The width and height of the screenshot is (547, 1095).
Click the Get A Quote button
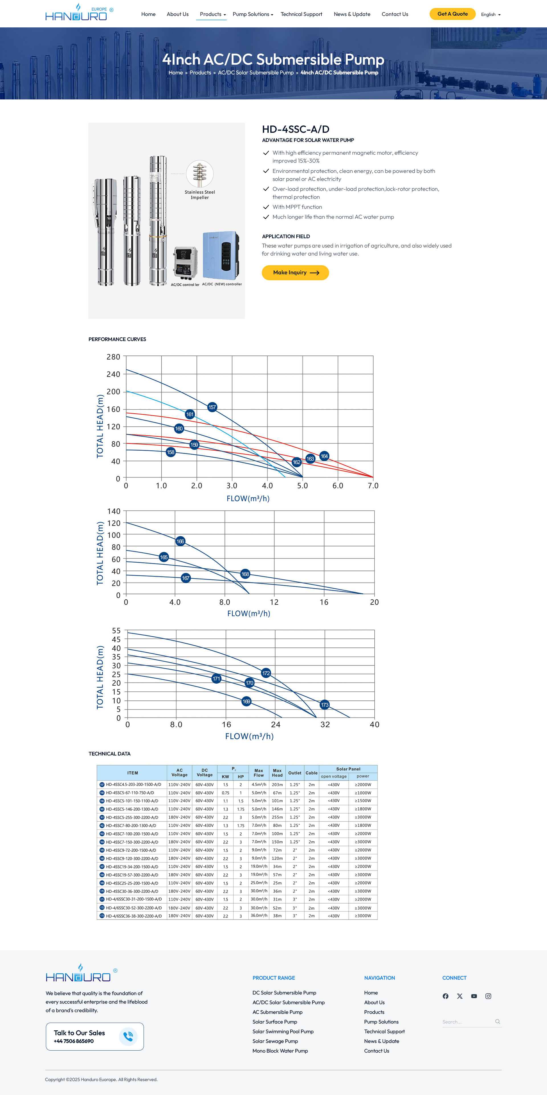click(x=452, y=14)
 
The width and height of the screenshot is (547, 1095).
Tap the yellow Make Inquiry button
click(x=295, y=273)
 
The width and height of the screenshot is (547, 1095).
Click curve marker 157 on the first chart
click(x=212, y=407)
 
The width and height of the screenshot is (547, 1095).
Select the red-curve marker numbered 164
click(x=324, y=456)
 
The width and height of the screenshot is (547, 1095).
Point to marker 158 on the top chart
click(x=170, y=452)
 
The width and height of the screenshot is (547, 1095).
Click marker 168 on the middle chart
click(x=245, y=574)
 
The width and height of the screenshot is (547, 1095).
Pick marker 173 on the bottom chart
click(x=325, y=705)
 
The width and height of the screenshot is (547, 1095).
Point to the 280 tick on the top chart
click(x=113, y=357)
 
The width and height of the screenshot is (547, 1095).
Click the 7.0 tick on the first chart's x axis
click(x=373, y=486)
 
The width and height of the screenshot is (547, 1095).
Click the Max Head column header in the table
click(x=277, y=773)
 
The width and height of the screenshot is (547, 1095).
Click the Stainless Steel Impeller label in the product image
click(x=200, y=195)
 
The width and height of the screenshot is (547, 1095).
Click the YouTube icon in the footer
click(x=474, y=996)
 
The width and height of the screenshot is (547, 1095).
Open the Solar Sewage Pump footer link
click(x=275, y=1041)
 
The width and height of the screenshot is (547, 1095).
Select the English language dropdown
click(x=491, y=15)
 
